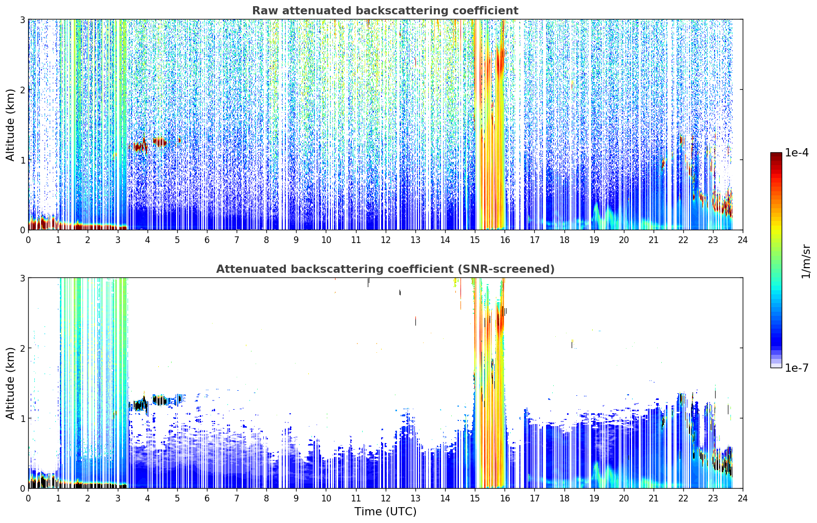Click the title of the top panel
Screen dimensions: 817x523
pos(385,11)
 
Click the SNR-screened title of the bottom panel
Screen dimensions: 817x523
pos(385,269)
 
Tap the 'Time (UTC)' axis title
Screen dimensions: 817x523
pos(385,511)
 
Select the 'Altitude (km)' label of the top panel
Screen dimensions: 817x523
pos(10,125)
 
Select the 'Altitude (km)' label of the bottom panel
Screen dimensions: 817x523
pos(10,383)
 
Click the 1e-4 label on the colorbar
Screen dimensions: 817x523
pos(797,153)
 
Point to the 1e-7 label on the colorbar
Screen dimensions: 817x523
pos(797,368)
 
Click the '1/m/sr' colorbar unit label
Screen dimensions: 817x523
pos(806,262)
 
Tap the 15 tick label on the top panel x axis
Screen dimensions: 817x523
pos(475,240)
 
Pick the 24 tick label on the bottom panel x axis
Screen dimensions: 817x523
pos(743,498)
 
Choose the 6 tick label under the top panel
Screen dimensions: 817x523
pos(207,240)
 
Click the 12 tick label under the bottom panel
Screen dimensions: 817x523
pos(386,498)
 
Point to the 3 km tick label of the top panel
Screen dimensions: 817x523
pos(22,19)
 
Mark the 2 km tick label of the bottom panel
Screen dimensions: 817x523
pos(22,348)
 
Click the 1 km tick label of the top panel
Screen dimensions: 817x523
pos(22,160)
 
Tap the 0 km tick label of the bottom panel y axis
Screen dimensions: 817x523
pos(22,488)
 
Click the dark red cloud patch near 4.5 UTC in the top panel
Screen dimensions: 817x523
pos(159,142)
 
